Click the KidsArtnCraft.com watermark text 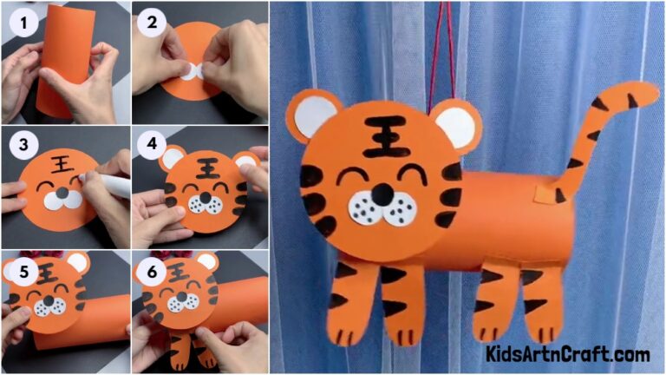click(568, 353)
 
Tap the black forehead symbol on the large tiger click(386, 136)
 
